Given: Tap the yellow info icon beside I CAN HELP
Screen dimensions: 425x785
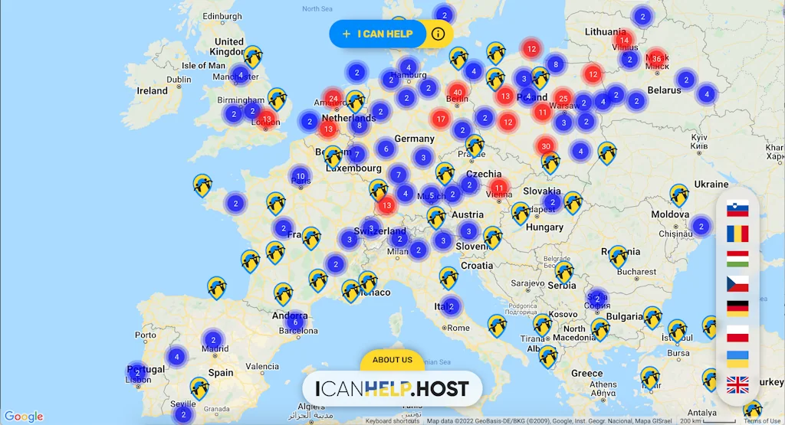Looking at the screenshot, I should point(438,34).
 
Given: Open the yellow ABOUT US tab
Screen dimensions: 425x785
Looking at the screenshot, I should point(392,360).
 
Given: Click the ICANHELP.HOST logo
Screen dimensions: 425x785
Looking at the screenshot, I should point(392,388).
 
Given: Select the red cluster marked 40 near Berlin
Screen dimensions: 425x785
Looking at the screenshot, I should point(458,93).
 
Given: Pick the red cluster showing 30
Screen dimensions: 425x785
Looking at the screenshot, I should point(546,146).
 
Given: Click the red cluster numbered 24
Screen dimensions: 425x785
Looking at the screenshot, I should point(333,99).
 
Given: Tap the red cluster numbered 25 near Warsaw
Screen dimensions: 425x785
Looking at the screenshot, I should point(563,99).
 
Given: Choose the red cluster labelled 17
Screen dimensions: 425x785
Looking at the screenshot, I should point(440,119).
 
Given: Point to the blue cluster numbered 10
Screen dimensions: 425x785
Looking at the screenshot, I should point(300,177).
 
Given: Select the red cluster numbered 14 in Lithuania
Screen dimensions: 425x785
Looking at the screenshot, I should point(624,41).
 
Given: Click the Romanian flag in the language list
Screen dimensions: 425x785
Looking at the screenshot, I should point(737,234).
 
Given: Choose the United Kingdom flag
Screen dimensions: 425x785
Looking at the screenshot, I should point(737,385).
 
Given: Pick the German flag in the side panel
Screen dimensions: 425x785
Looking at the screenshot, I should point(737,309).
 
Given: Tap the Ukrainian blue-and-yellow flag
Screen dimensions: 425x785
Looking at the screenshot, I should point(737,359).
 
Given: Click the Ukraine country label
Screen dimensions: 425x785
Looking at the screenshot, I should point(711,185).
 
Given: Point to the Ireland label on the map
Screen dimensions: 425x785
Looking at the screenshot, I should point(152,90).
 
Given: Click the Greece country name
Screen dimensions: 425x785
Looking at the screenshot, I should point(586,374).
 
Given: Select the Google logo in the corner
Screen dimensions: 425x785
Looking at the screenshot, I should point(24,417).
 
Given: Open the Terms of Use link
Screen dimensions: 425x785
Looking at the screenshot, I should point(762,421).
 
